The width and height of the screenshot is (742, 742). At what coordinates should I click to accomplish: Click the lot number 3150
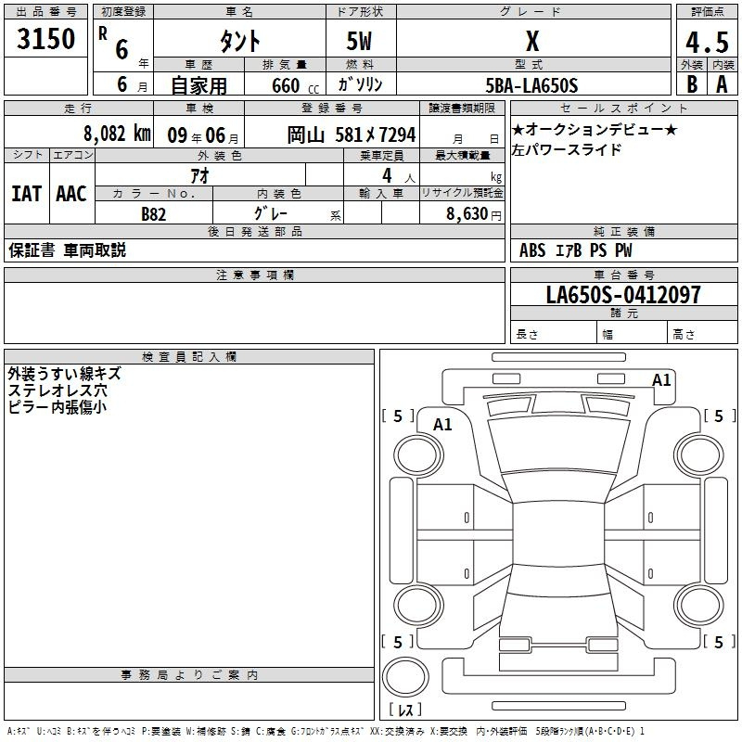[45, 38]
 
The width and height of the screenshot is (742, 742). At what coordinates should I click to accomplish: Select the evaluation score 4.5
[707, 42]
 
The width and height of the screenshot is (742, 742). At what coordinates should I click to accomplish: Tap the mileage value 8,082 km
[117, 134]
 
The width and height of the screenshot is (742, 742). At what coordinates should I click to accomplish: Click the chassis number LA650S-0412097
[623, 294]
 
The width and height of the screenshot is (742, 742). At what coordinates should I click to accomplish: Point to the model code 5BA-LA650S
[531, 85]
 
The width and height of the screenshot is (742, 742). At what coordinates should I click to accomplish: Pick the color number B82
[153, 214]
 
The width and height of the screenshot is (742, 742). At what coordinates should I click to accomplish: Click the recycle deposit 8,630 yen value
[474, 214]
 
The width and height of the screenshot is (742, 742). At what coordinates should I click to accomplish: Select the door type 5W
[359, 41]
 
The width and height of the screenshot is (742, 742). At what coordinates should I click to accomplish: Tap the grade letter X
[532, 41]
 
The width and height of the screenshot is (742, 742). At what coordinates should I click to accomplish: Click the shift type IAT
[27, 194]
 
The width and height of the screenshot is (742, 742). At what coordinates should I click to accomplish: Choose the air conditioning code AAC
[71, 194]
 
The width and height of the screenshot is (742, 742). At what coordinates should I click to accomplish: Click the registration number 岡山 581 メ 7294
[352, 134]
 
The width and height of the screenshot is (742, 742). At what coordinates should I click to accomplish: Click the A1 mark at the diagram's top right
[661, 380]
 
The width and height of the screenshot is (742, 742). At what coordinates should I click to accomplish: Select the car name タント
[240, 41]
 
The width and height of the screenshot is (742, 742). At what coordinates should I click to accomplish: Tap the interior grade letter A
[722, 84]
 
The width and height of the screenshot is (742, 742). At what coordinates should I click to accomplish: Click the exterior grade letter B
[692, 84]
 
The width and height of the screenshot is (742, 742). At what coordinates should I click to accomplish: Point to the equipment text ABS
[532, 250]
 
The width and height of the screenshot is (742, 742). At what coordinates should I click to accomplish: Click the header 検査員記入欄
[189, 357]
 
